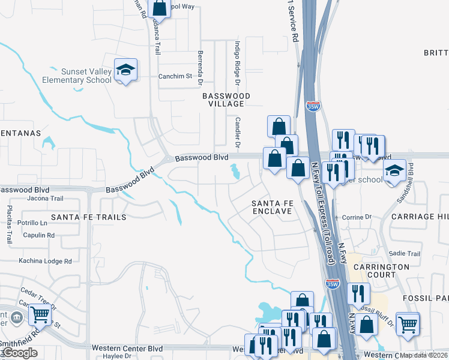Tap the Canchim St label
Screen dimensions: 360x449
point(174,76)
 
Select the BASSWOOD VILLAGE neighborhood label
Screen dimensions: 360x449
point(226,100)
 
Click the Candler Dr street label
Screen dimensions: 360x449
point(237,133)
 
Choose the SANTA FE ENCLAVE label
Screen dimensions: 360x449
point(271,207)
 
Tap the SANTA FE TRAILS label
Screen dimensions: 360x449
point(89,217)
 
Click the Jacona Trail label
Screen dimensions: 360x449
point(45,198)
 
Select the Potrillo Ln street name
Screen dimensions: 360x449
point(32,223)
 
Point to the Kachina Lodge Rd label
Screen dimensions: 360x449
point(45,261)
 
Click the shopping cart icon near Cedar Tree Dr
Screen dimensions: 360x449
point(40,313)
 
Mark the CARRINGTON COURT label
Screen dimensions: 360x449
point(381,271)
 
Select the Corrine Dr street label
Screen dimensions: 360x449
point(357,217)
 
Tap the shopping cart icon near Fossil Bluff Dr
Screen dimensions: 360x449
point(408,323)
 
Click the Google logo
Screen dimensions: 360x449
point(20,353)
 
